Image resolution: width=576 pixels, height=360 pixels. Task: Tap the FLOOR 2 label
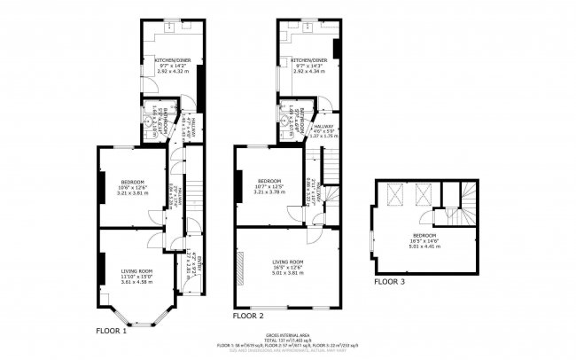[248, 316]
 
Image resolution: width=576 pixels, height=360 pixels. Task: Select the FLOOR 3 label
[390, 282]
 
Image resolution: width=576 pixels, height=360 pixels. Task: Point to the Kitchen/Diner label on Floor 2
[309, 60]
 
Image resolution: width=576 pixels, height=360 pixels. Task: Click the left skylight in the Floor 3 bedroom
[397, 193]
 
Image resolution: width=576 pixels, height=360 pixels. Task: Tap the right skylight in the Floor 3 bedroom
[424, 193]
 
